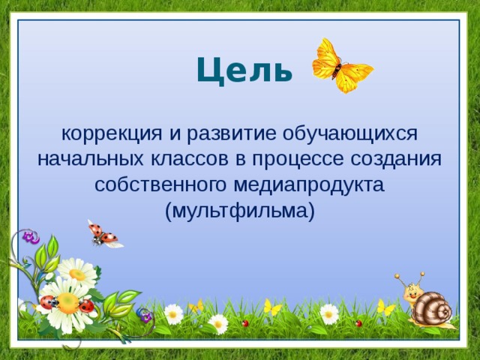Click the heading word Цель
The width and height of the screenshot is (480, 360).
(244, 70)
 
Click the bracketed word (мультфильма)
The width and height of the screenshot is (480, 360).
(239, 210)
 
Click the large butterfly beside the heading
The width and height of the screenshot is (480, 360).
(341, 66)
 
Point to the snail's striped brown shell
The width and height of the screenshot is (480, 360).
(434, 308)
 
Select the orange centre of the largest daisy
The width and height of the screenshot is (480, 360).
(67, 302)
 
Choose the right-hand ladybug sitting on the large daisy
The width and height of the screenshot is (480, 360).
(87, 306)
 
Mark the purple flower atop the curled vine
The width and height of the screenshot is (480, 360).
(30, 237)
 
